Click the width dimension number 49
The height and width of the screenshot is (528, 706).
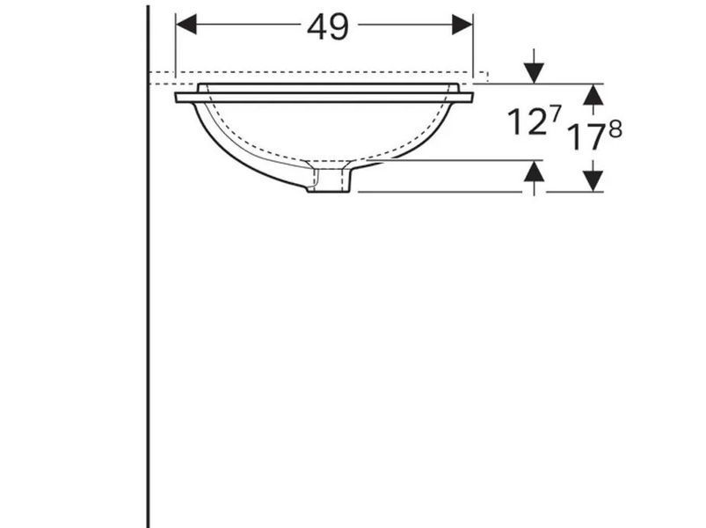coord(327,27)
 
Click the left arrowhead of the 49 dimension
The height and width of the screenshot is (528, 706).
coord(186,25)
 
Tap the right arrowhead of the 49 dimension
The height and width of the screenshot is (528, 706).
coord(462,25)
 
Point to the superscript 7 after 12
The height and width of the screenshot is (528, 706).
coord(556,114)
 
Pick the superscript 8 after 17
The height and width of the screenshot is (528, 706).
coord(615,129)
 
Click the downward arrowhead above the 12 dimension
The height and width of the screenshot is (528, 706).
coord(534,74)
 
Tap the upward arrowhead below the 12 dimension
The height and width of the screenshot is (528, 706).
coord(534,172)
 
